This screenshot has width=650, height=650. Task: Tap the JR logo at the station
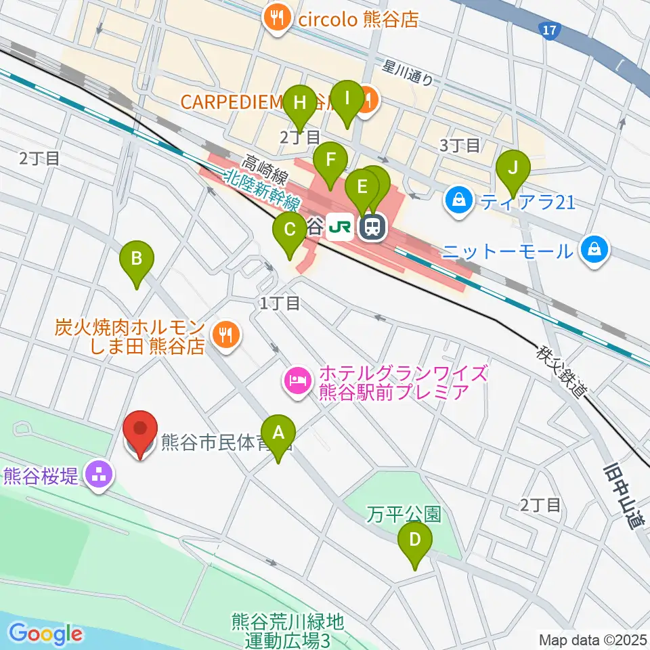pos(339,227)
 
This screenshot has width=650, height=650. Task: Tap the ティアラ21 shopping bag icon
pos(459,201)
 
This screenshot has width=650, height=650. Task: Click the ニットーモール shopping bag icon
pos(594,251)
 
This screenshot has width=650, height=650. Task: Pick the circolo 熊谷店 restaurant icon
pos(278,18)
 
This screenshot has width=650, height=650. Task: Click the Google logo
pos(46,634)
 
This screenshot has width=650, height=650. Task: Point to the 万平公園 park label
pos(404,515)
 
